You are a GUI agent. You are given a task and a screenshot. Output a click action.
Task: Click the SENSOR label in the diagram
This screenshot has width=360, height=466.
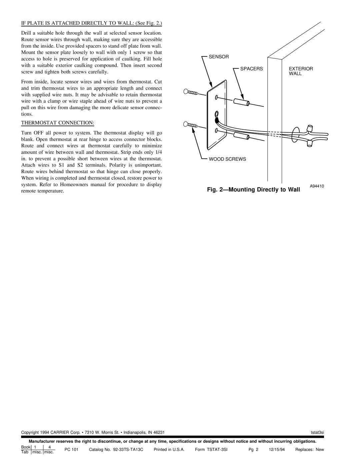[x=219, y=57]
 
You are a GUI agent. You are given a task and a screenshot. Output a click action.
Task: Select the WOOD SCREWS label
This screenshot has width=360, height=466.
[x=227, y=159]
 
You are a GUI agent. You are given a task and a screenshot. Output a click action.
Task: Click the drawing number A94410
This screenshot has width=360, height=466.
[x=318, y=186]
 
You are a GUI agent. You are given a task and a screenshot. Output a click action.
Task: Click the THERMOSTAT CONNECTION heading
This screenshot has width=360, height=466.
[x=58, y=123]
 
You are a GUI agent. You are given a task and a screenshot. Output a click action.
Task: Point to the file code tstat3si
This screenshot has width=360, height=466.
[x=317, y=432]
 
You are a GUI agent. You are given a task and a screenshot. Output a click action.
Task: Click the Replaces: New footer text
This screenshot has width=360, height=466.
[x=310, y=450]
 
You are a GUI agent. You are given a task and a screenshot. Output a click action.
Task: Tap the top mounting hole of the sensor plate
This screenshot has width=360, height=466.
[x=217, y=97]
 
